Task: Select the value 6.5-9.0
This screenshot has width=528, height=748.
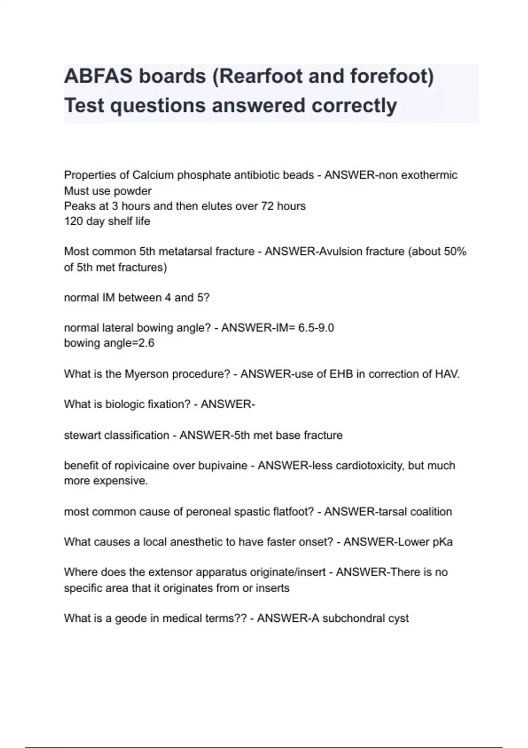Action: (x=316, y=328)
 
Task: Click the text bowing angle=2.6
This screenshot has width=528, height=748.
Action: (x=109, y=343)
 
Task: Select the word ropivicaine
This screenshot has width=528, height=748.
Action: (x=141, y=466)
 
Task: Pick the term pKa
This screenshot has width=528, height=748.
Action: (x=443, y=542)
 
